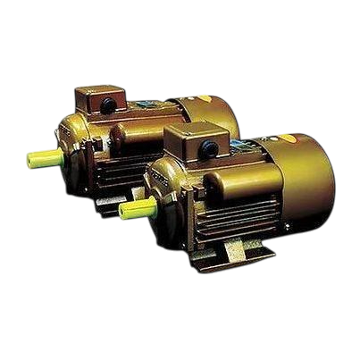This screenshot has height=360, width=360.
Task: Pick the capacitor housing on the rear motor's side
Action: coord(126,135)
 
